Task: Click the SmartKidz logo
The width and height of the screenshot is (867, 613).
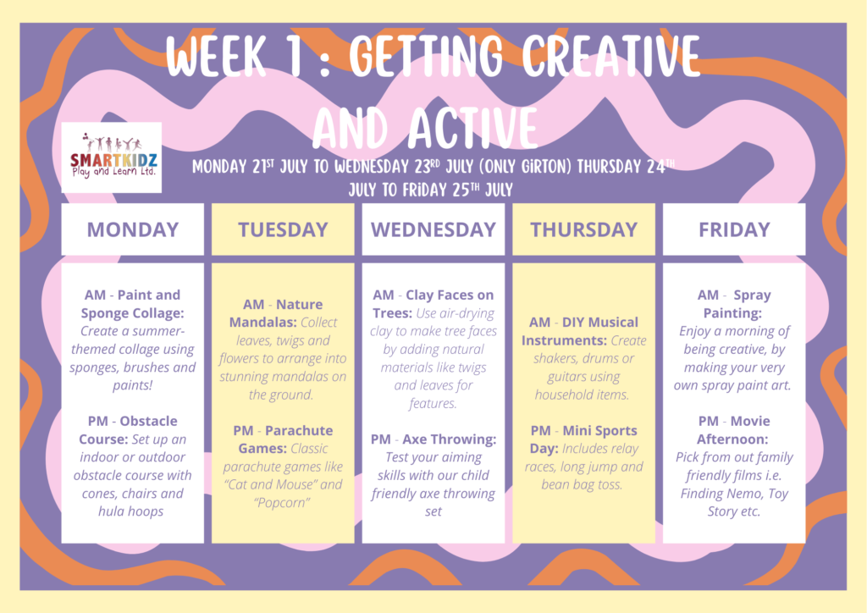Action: coord(111,157)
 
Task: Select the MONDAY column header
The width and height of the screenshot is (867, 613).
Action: coord(133,229)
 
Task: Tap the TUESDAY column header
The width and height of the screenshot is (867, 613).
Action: coord(283,229)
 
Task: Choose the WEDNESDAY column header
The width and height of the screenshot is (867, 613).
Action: coord(433,229)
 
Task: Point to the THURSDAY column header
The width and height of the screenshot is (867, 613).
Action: coord(584,229)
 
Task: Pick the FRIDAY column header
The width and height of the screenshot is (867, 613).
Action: coord(734,229)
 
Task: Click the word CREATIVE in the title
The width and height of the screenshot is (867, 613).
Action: coord(611,57)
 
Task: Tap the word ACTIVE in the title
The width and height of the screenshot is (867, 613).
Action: coord(473,128)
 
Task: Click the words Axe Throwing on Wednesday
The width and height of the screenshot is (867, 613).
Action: coord(449,439)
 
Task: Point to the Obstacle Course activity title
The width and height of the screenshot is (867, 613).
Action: coord(129,430)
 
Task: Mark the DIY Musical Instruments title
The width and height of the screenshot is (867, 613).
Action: coord(579,331)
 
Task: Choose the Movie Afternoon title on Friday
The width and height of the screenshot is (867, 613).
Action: coord(732,430)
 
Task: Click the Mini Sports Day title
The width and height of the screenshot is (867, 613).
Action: coord(583,439)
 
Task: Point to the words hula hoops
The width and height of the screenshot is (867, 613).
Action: coord(131,512)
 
